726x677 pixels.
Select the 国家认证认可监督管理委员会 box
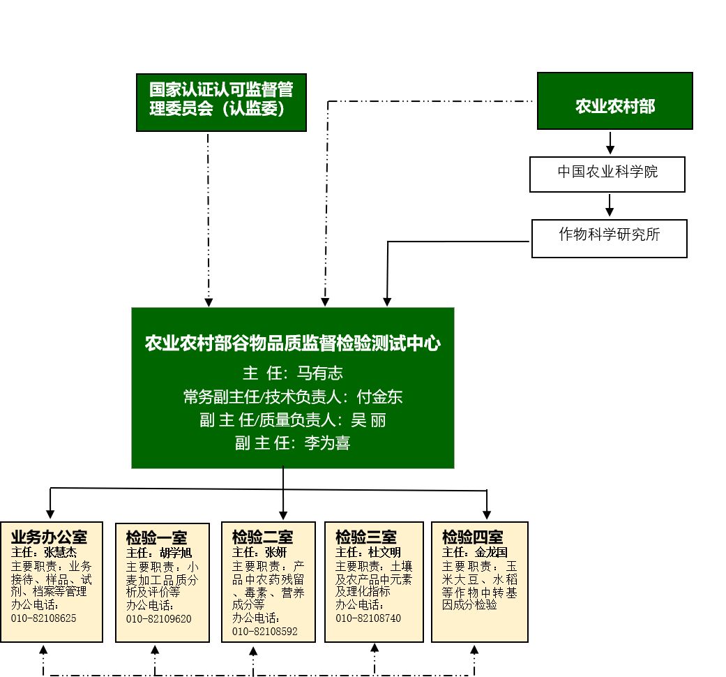tap(220, 101)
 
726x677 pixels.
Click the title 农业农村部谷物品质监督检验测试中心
tap(292, 343)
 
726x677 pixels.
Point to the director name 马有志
tap(320, 373)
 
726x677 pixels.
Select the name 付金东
tap(379, 397)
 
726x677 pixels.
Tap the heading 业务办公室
tap(49, 537)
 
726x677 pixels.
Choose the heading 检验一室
tap(156, 538)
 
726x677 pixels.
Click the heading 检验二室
tap(262, 537)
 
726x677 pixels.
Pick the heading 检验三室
tap(365, 537)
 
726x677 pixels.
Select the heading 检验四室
tap(472, 537)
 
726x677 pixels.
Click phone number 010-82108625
tap(43, 618)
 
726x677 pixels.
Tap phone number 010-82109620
tap(158, 619)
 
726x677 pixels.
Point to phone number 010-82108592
tap(264, 632)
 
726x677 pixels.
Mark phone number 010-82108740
tap(368, 618)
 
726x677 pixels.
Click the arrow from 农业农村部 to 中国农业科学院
tap(610, 142)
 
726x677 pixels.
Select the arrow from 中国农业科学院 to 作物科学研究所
tap(610, 205)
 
